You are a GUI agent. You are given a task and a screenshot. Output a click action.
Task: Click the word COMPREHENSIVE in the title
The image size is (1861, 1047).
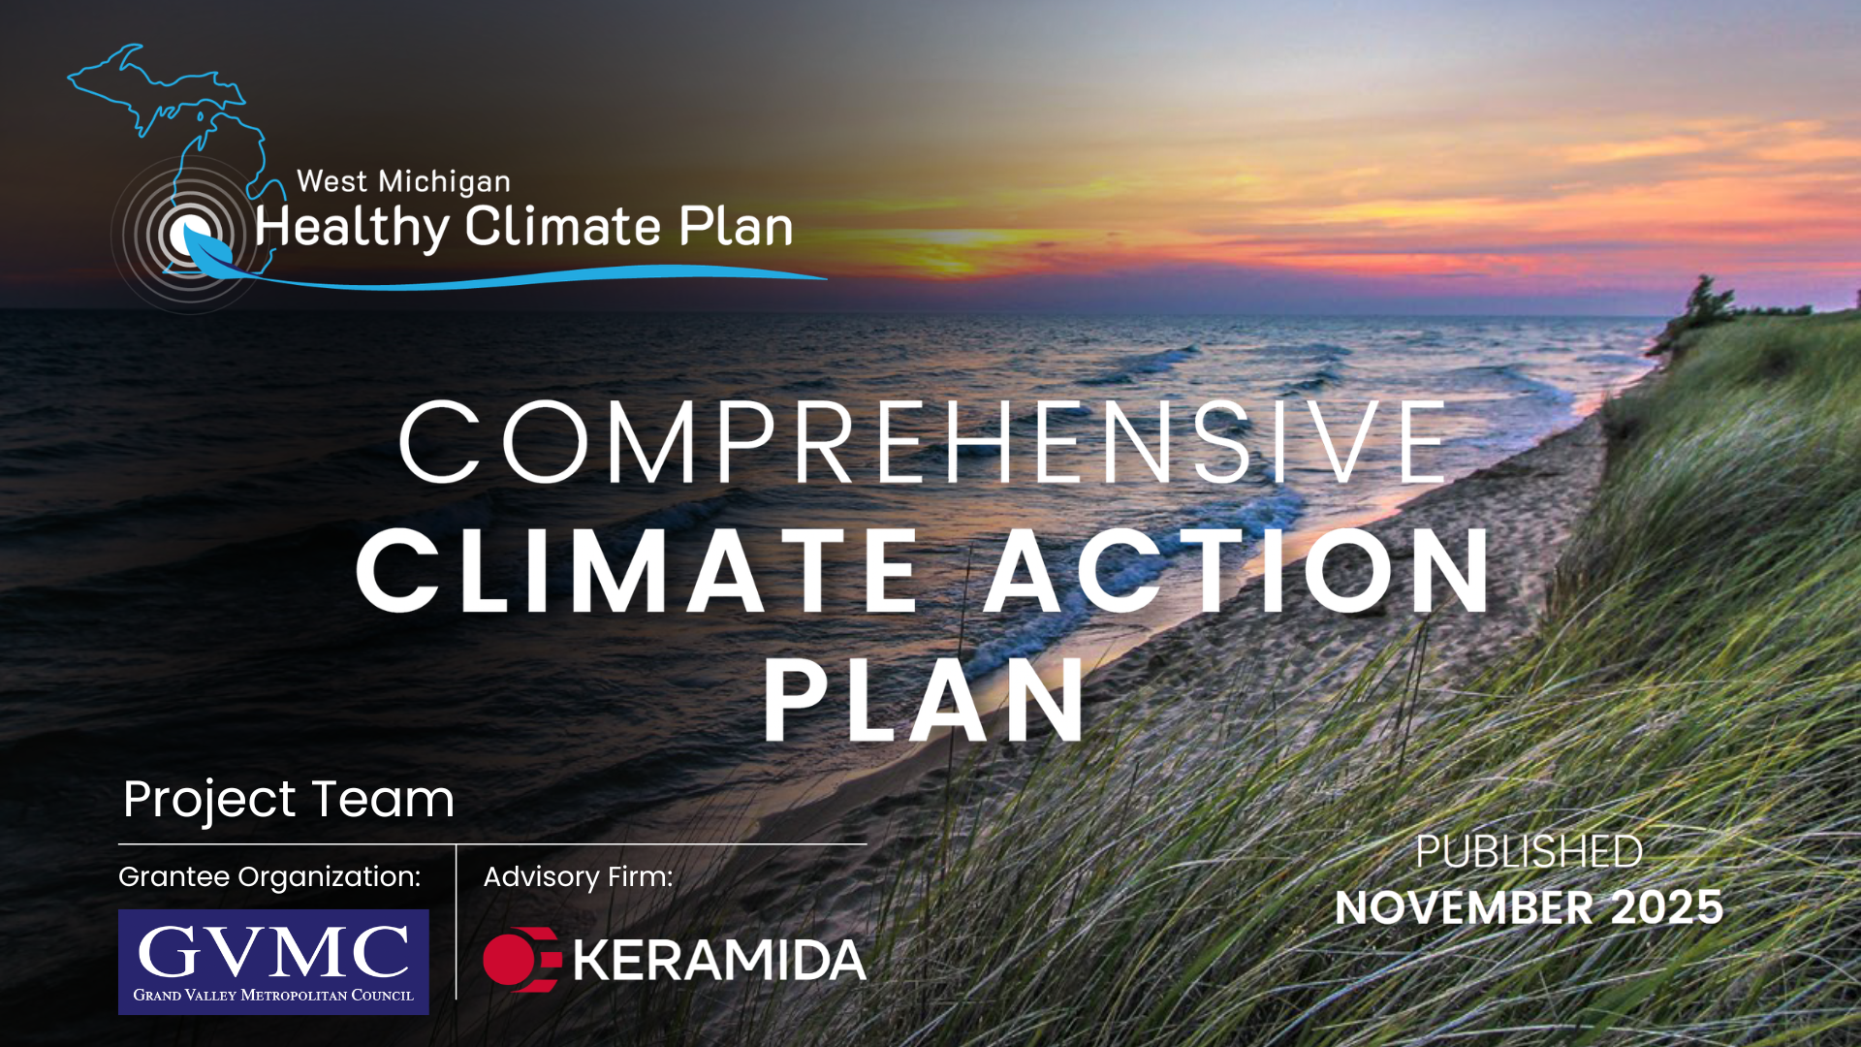click(x=923, y=442)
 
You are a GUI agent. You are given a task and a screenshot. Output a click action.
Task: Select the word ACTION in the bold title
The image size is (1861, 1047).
click(x=1238, y=572)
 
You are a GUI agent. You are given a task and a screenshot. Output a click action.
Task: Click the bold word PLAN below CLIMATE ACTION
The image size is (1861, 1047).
click(x=923, y=700)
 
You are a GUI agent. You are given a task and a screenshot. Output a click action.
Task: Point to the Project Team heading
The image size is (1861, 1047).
click(x=289, y=800)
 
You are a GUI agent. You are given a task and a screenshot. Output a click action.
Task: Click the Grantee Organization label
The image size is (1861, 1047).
click(x=269, y=876)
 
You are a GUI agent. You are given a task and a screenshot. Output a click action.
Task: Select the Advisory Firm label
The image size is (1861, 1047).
click(x=578, y=876)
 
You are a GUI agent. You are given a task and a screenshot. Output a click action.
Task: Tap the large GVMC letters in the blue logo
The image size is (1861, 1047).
click(x=273, y=951)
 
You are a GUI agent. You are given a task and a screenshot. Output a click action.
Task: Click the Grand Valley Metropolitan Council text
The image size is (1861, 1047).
click(x=273, y=996)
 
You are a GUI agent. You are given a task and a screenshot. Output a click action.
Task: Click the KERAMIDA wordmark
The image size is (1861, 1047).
click(x=719, y=961)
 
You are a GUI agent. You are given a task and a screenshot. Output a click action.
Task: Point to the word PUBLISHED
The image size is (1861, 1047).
click(x=1529, y=852)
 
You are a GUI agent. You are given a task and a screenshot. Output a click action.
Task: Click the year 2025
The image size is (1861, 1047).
click(x=1666, y=908)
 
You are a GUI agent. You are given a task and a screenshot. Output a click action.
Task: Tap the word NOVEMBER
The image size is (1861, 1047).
click(x=1464, y=908)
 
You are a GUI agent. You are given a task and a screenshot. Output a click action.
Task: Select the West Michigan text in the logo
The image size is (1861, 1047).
click(x=403, y=181)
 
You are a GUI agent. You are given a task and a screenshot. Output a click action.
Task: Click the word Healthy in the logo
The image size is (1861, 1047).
click(x=352, y=228)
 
